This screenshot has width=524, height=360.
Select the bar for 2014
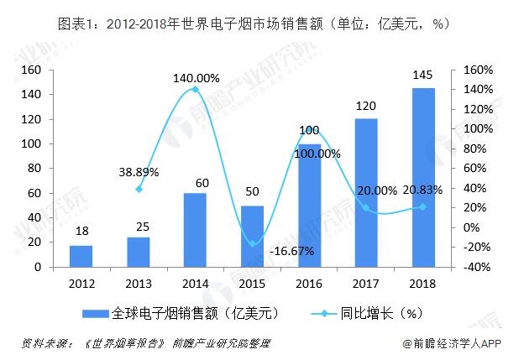[x=195, y=230]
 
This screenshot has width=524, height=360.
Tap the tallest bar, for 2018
[x=423, y=178]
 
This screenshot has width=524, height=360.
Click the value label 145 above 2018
[x=423, y=76]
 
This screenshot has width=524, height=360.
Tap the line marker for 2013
[x=138, y=189]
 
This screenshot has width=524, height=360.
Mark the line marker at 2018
[x=422, y=206]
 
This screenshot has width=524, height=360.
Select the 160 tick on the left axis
[x=32, y=70]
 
